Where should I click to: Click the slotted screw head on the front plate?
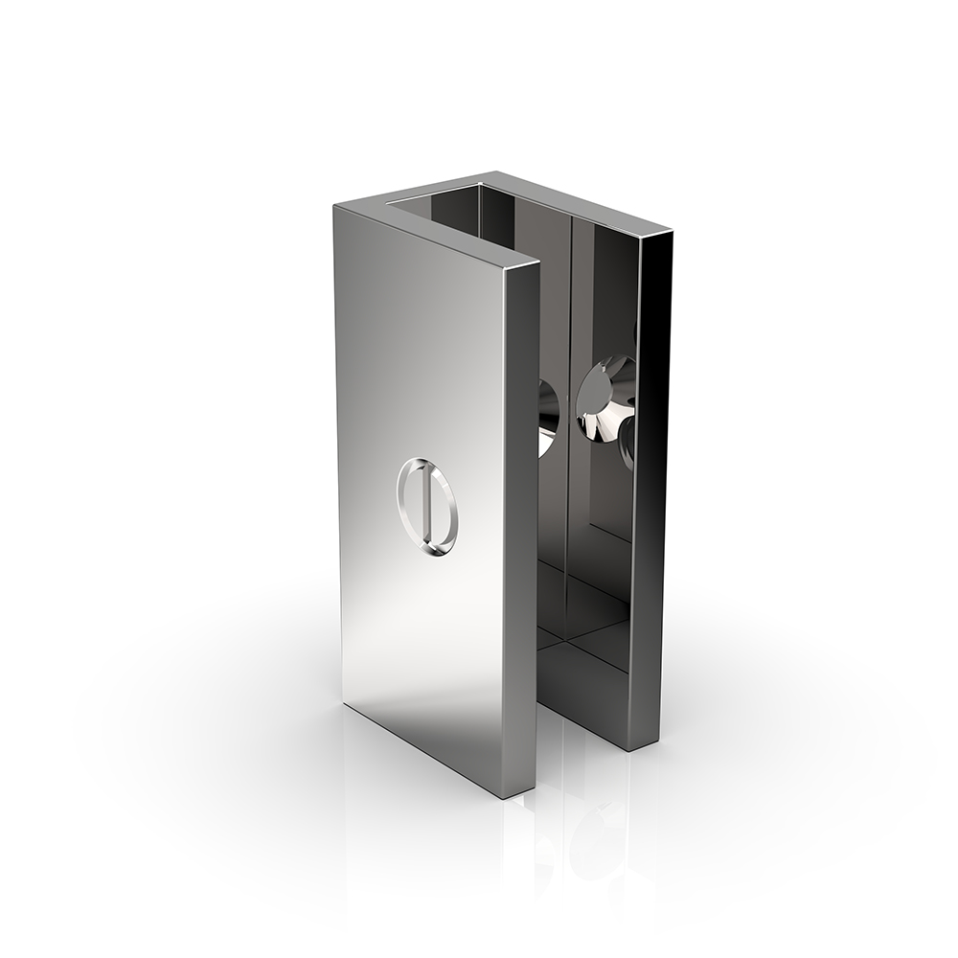[x=427, y=507]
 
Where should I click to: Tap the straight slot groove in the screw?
[x=423, y=507]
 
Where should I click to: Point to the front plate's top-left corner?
[x=336, y=205]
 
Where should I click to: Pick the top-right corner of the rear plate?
[x=670, y=230]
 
